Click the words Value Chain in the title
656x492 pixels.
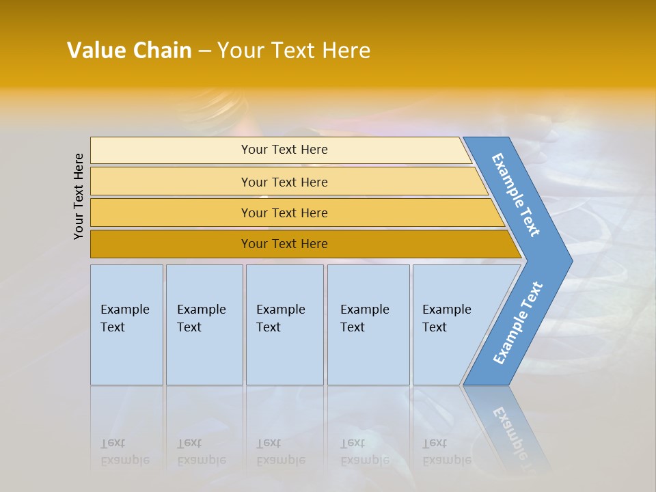pos(129,50)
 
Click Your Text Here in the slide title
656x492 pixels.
pos(294,50)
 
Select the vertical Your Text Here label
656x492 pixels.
pos(79,196)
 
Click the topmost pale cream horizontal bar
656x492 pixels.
pos(284,150)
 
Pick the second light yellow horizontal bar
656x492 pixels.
pos(284,182)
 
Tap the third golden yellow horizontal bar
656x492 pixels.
pos(284,213)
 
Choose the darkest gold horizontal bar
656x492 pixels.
pos(284,244)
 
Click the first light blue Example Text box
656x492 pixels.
pos(126,324)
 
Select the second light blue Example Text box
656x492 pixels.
pos(204,324)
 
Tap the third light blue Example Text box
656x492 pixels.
pos(284,324)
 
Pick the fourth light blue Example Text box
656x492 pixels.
pos(368,324)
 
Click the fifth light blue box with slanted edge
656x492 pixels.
pos(451,324)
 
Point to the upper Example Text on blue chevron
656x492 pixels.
pos(516,195)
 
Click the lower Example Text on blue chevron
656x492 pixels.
pos(518,323)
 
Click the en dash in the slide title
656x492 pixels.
pos(204,51)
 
